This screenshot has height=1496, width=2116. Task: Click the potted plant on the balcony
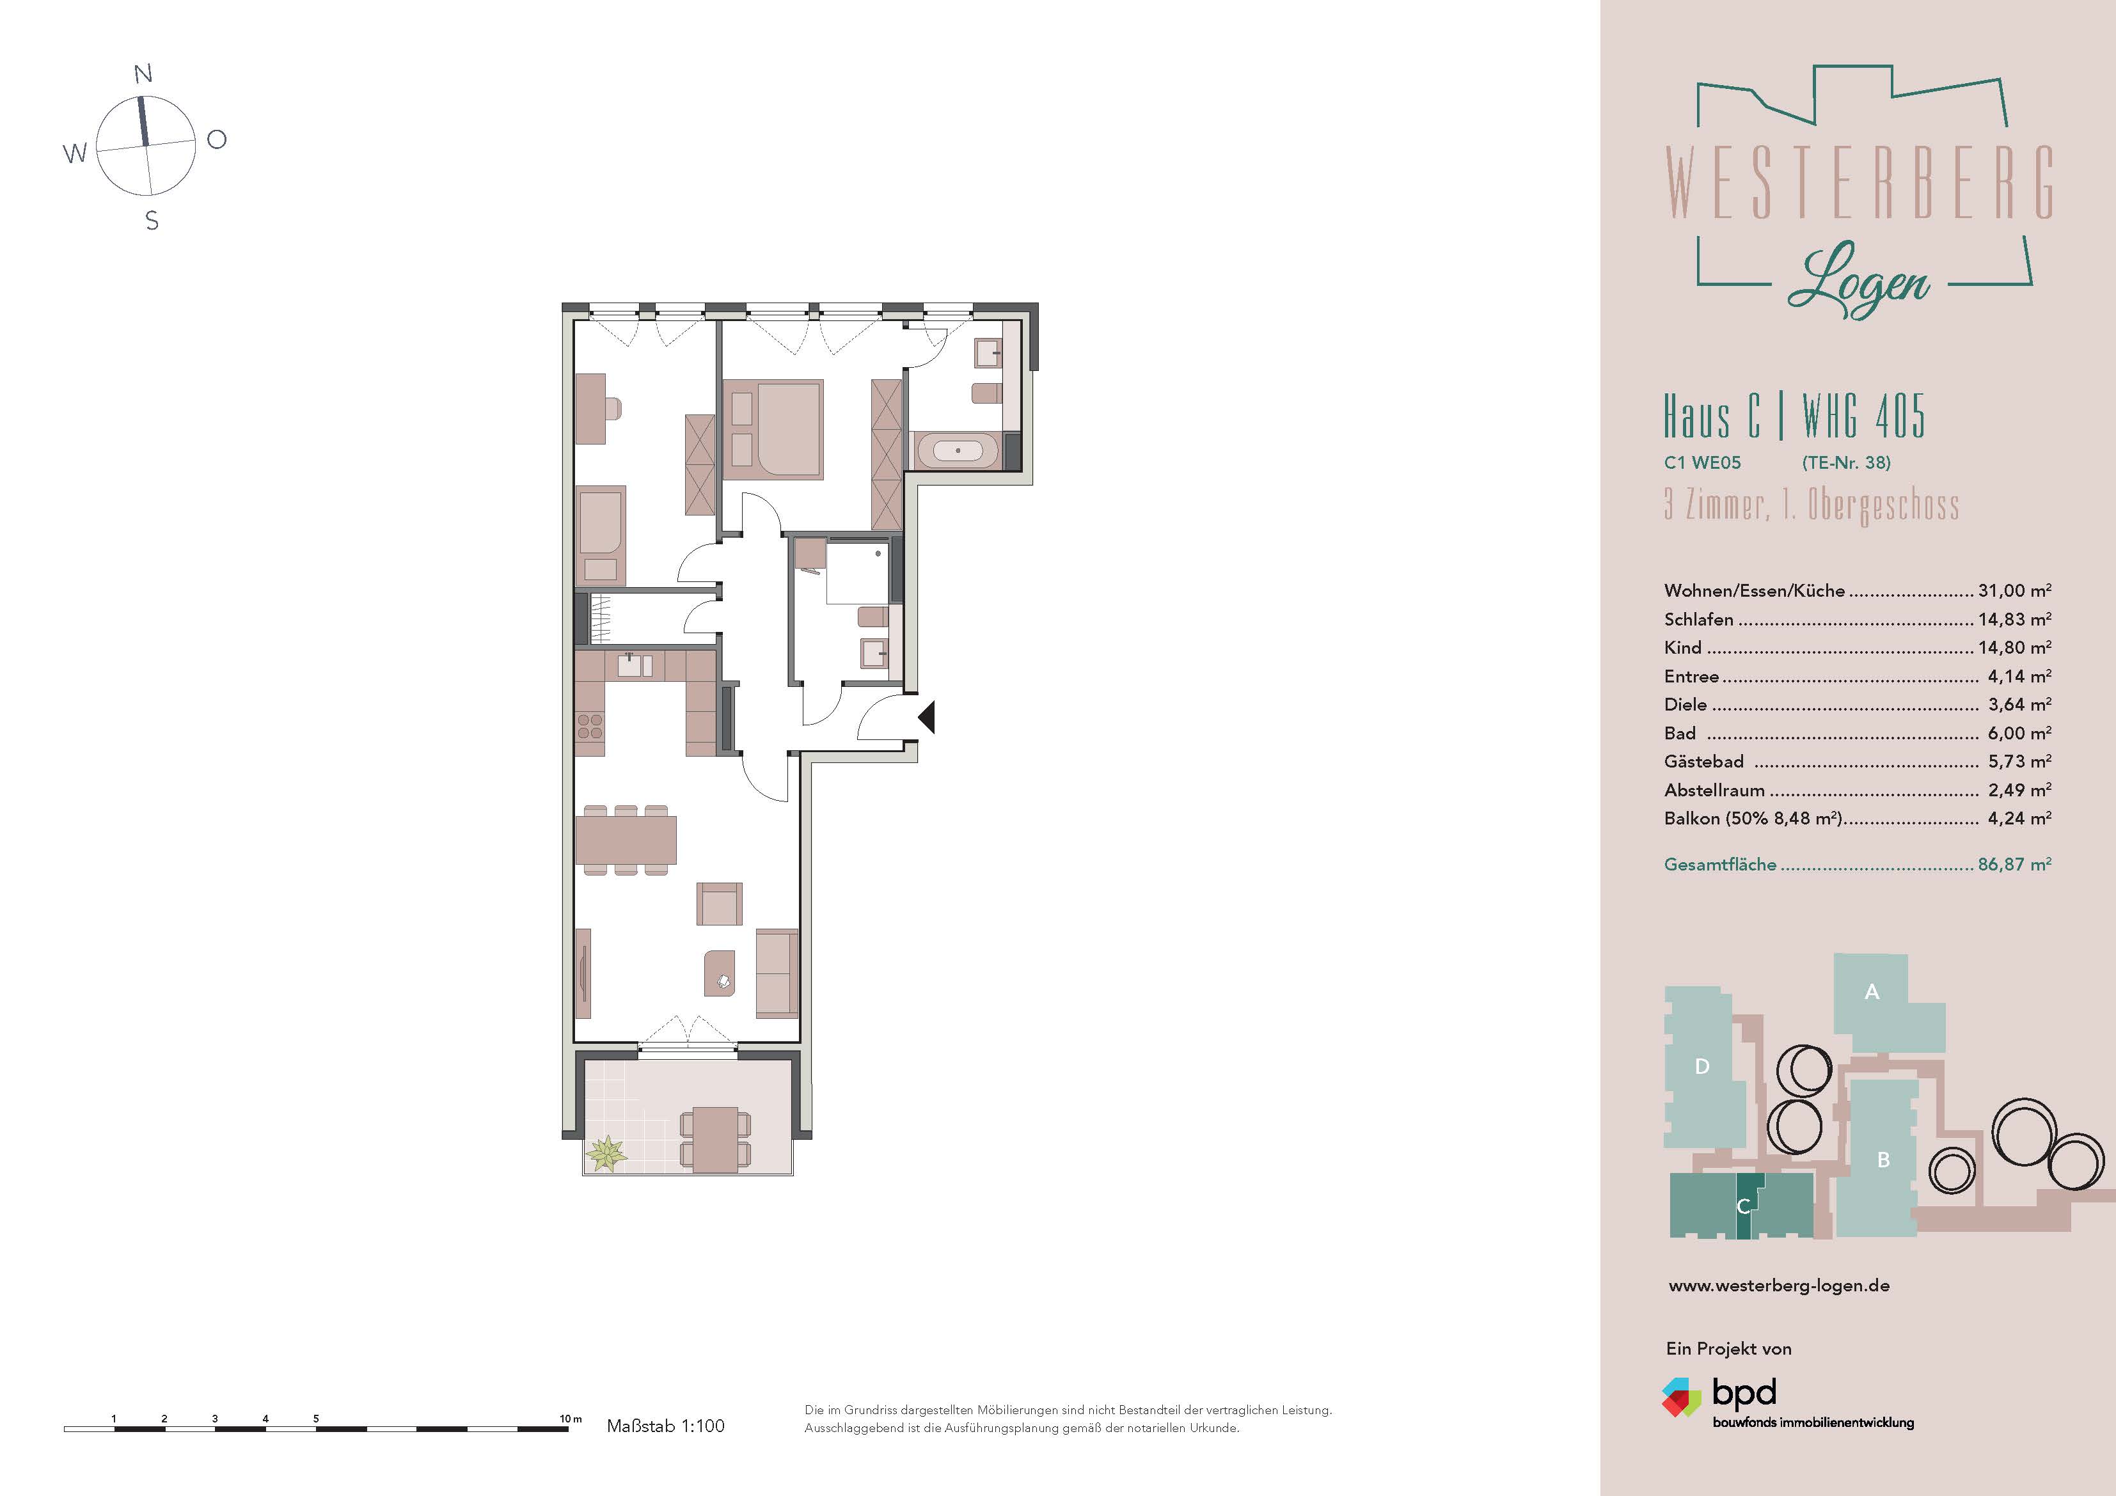pos(606,1153)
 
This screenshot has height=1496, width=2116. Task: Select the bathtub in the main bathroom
pos(957,452)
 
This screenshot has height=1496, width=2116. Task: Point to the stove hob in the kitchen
pos(590,727)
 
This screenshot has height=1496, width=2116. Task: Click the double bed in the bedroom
pos(772,430)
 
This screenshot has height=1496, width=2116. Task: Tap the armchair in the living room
pos(719,903)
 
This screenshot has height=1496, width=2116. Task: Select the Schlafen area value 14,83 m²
pos(2015,619)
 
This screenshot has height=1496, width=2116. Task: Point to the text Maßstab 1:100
pos(665,1426)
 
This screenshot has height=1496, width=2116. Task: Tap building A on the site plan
pos(1872,992)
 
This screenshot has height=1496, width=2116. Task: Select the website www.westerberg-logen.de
pos(1779,1286)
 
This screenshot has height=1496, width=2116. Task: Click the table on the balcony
pos(715,1139)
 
